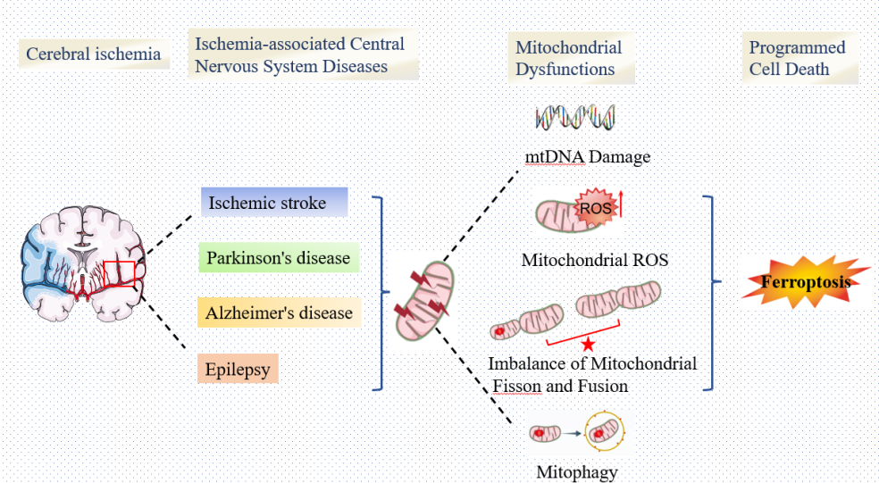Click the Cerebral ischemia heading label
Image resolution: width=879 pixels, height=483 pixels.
point(93,54)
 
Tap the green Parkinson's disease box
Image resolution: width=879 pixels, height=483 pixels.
point(278,258)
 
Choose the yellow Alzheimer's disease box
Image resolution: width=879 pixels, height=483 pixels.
point(278,313)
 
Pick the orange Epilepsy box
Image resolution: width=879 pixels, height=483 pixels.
point(238,369)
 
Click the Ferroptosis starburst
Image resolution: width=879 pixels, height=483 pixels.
point(806,283)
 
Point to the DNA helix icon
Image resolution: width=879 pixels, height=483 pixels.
point(574,117)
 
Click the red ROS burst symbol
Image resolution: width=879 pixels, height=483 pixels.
point(595,209)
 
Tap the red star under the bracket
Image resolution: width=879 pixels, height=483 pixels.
point(588,345)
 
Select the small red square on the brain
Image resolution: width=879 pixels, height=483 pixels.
point(119,273)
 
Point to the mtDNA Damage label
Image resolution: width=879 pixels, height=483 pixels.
point(587,157)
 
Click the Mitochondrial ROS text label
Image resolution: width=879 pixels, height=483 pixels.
point(595,261)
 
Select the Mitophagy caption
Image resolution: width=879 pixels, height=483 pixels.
point(576,472)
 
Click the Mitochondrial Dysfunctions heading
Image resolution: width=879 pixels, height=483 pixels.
point(568,58)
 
